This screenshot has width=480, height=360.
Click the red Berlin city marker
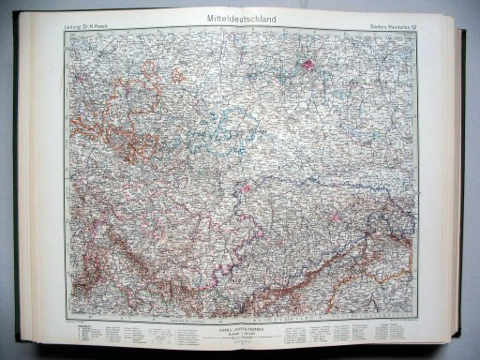pyautogui.click(x=310, y=66)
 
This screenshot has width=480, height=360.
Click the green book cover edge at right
pyautogui.click(x=466, y=187)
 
